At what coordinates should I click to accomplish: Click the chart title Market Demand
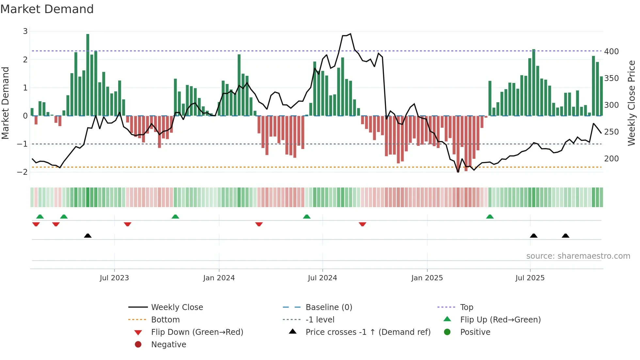pos(47,9)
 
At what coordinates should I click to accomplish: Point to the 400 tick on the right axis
pos(611,52)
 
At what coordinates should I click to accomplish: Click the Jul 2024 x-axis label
pos(322,278)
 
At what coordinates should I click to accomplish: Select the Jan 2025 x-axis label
pos(427,278)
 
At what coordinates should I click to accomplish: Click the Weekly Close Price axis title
pos(632,103)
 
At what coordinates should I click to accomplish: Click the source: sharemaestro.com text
pos(578,256)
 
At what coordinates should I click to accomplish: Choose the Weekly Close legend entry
pos(177,307)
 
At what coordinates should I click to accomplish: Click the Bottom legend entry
pos(165,320)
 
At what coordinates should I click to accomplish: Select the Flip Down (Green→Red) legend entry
pos(197,332)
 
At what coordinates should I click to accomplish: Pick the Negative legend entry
pos(168,345)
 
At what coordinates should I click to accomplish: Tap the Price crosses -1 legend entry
pos(368,332)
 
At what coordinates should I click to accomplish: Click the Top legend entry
pos(466,307)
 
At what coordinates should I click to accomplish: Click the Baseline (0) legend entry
pos(328,307)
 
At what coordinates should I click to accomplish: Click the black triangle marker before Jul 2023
pos(88,236)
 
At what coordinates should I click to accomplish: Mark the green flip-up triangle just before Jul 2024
pos(307,217)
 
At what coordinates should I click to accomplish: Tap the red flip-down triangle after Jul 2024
pos(362,224)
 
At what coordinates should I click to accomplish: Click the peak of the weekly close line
pos(350,34)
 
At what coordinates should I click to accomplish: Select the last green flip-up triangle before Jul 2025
pos(490,217)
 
